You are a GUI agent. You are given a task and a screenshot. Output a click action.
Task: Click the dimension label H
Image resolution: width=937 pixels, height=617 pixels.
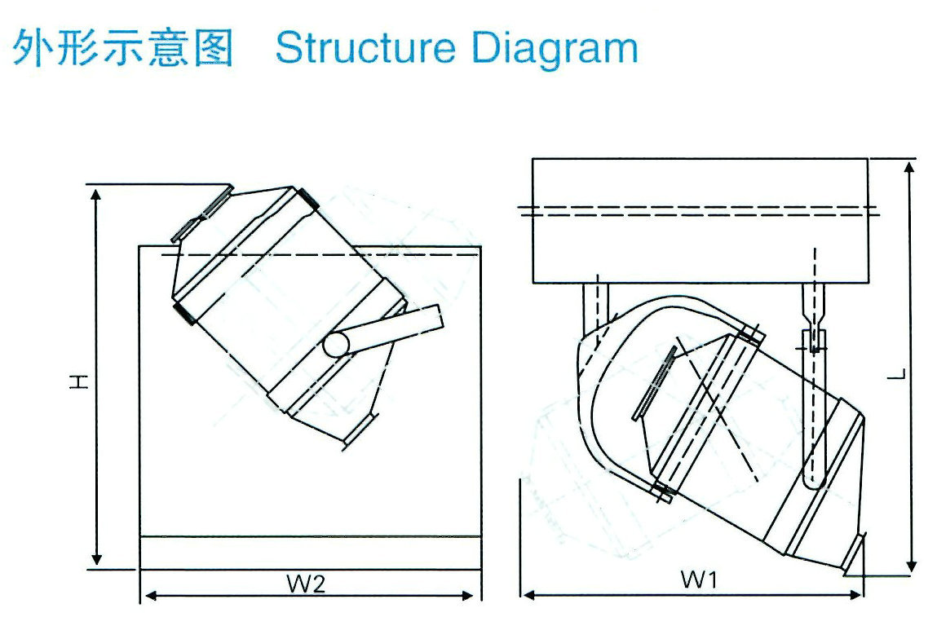coord(78,381)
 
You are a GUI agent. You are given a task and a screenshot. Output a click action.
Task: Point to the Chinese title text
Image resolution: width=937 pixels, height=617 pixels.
coord(123,48)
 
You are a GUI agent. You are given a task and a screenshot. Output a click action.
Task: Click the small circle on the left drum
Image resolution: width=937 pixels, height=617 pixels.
coord(335,346)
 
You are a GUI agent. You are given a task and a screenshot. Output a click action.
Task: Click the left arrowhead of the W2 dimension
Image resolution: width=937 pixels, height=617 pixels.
coord(148,596)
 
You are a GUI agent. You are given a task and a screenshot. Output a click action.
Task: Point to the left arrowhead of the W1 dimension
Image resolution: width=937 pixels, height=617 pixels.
coord(528,595)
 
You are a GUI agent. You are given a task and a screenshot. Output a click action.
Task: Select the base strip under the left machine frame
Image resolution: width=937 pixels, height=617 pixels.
coord(310,553)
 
